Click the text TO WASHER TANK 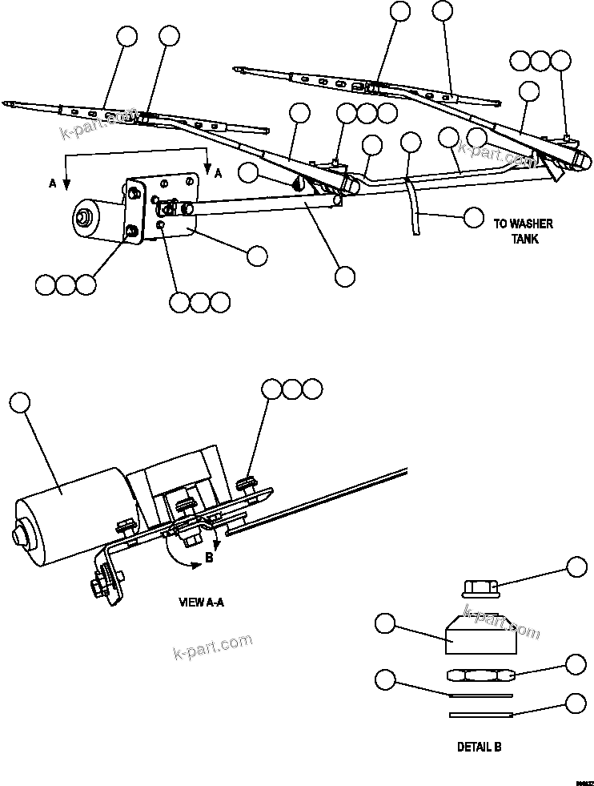point(523,232)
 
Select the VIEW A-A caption point(201,602)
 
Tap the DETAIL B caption point(479,747)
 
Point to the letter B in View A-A point(209,558)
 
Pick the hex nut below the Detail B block point(479,674)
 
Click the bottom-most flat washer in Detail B point(480,713)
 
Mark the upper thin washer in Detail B point(478,694)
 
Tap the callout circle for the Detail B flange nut point(576,566)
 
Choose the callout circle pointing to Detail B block point(386,623)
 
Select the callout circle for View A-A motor point(20,401)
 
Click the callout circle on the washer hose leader point(474,216)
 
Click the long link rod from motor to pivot point(264,204)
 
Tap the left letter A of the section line point(53,183)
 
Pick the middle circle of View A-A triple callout point(292,389)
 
